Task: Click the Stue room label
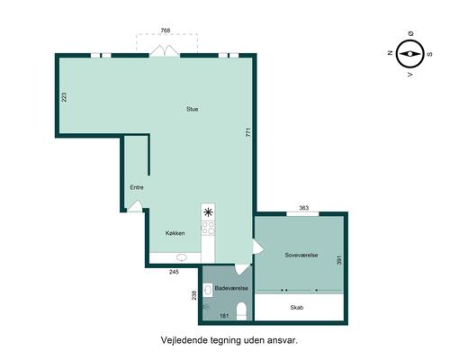(x=192, y=109)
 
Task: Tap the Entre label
(x=137, y=187)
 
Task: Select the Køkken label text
(x=175, y=233)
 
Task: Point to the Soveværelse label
(x=301, y=256)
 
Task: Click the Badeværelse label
(x=231, y=288)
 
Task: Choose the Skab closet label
(x=297, y=308)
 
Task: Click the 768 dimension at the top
(x=166, y=31)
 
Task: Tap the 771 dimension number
(x=248, y=132)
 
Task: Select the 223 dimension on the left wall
(x=64, y=97)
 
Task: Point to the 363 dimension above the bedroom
(x=304, y=208)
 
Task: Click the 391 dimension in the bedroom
(x=339, y=260)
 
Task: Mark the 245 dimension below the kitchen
(x=174, y=272)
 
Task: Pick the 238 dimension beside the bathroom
(x=194, y=295)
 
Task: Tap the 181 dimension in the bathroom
(x=224, y=316)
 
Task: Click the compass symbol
(x=409, y=54)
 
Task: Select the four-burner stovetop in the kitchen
(x=208, y=228)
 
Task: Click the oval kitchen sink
(x=182, y=257)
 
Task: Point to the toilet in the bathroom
(x=241, y=311)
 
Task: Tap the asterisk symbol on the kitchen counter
(x=208, y=212)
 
